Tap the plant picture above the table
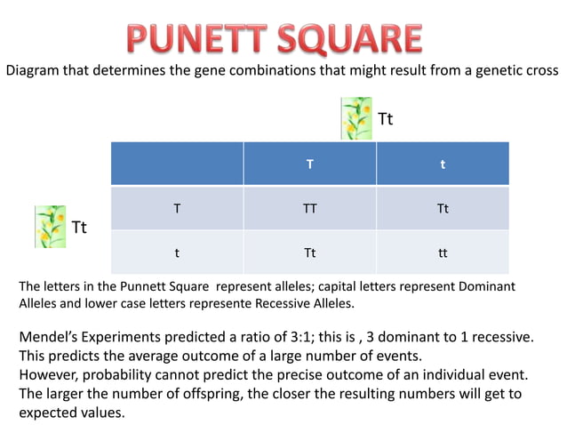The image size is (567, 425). [356, 119]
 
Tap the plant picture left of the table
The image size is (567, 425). [50, 227]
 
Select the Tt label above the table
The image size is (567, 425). [386, 119]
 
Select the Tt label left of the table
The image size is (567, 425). [79, 228]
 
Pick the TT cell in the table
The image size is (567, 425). [309, 209]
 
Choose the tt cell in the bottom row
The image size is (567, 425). [443, 253]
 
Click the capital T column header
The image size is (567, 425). [309, 164]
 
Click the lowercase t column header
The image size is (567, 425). [443, 164]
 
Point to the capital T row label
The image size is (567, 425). [177, 209]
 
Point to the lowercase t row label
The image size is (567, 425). [177, 253]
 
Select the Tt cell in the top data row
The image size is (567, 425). [443, 209]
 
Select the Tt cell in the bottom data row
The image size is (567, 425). [309, 253]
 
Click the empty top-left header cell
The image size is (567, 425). [177, 164]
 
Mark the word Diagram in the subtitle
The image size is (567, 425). [35, 70]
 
